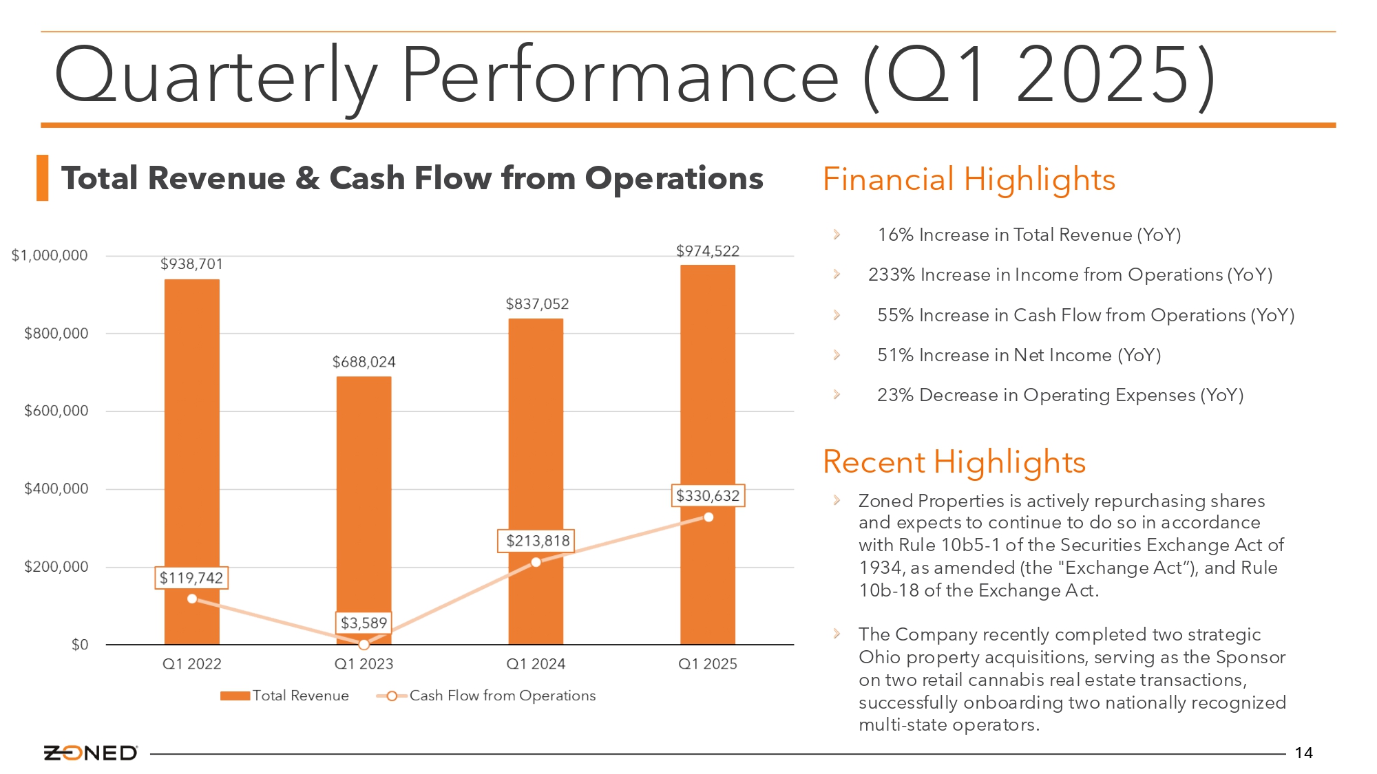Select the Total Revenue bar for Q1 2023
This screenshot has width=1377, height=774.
364,510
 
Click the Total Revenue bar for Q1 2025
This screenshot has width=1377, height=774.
708,454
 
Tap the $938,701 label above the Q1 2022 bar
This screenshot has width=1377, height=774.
191,264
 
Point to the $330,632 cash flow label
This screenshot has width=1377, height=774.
708,495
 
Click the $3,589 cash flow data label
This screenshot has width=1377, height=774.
364,623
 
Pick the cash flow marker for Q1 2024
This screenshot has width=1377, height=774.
536,562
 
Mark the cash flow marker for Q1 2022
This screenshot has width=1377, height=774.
192,599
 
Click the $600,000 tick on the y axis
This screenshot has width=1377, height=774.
56,411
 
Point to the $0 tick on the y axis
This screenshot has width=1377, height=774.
80,645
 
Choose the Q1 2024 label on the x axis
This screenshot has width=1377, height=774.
536,664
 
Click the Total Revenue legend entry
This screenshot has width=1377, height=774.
284,696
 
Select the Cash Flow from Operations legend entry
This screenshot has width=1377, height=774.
486,696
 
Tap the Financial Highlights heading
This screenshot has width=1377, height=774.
969,180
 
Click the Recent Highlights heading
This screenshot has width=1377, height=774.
954,462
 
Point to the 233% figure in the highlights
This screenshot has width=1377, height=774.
892,275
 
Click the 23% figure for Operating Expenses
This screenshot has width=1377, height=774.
895,395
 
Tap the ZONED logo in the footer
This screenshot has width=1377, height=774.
90,753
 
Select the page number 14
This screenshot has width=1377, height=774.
1303,753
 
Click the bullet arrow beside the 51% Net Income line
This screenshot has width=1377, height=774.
837,355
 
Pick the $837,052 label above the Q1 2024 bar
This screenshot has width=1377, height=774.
537,304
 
